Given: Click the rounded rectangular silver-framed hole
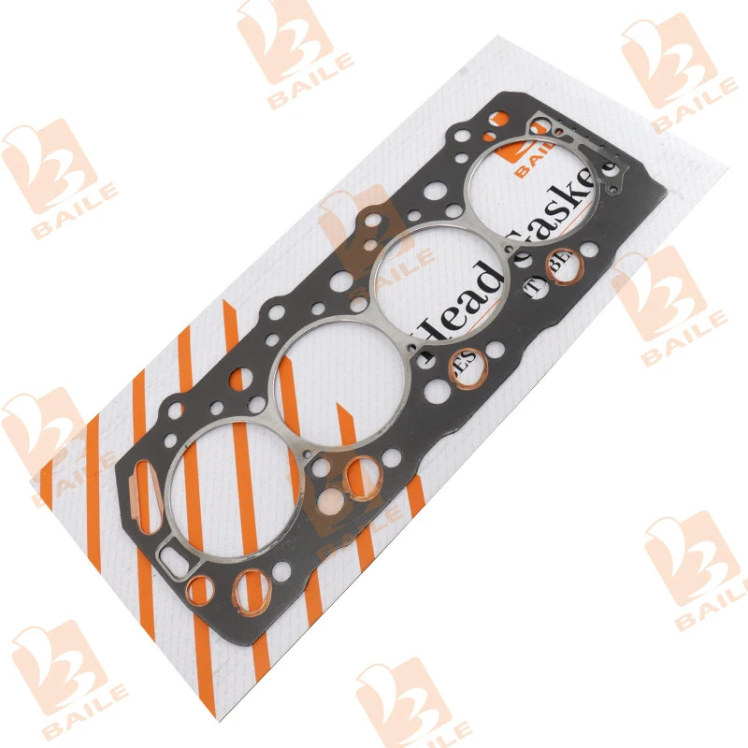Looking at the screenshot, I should point(174,560).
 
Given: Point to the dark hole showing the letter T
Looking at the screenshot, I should point(536,287).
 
